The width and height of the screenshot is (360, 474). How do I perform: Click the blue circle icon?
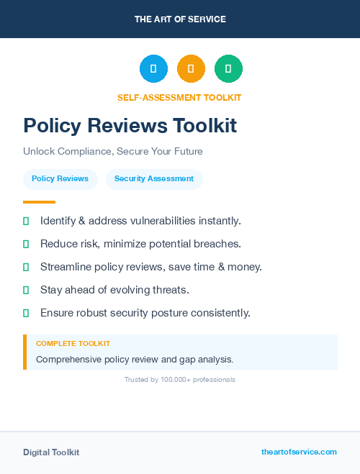click(x=153, y=68)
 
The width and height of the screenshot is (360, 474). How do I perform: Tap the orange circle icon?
click(x=191, y=68)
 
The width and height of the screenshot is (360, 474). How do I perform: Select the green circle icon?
click(x=228, y=68)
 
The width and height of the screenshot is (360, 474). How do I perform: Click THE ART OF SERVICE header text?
click(x=180, y=19)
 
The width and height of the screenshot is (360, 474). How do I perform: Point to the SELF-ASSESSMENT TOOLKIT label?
click(x=179, y=98)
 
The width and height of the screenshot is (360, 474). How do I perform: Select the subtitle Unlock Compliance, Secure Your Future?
click(x=113, y=152)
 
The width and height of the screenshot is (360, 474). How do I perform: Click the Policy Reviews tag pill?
click(x=60, y=178)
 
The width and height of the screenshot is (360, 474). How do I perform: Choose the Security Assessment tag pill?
click(x=154, y=178)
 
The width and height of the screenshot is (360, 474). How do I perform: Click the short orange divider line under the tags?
click(x=39, y=202)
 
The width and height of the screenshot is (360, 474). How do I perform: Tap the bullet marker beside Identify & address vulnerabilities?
click(x=26, y=221)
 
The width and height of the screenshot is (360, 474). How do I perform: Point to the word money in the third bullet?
click(x=244, y=267)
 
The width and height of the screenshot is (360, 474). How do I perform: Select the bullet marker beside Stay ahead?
click(x=26, y=290)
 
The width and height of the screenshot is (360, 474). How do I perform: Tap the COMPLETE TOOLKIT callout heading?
click(x=73, y=344)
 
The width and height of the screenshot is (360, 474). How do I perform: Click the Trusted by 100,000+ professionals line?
click(x=180, y=379)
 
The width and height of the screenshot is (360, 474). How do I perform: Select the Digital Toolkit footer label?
click(x=51, y=452)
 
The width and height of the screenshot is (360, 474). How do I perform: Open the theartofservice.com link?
click(x=299, y=452)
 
